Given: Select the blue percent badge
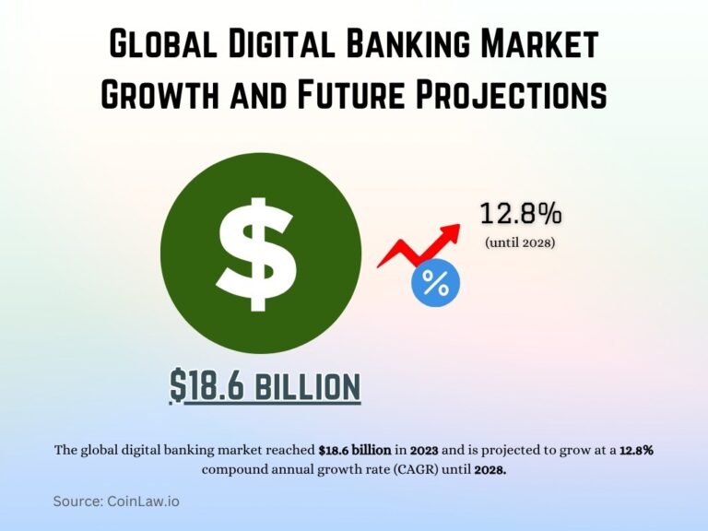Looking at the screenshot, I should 435,284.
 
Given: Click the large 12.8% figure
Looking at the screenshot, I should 520,214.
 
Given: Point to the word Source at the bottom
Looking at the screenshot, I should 79,501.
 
